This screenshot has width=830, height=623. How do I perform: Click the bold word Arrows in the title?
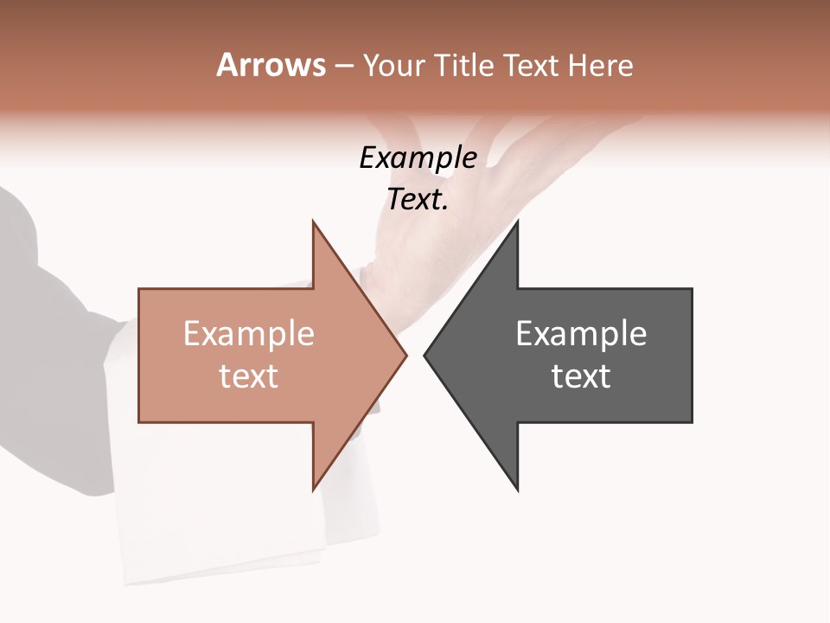[x=271, y=65]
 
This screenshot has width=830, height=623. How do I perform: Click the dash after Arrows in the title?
[x=343, y=66]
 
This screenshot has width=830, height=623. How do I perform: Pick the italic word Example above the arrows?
[x=418, y=157]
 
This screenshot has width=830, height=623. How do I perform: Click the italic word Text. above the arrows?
[x=418, y=199]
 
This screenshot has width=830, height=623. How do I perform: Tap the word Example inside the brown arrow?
[x=249, y=333]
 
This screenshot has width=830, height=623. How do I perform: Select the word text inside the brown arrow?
[x=249, y=376]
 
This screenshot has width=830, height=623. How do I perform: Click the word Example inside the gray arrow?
[x=581, y=333]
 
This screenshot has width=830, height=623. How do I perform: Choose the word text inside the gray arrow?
[x=581, y=376]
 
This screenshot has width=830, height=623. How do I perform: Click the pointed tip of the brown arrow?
[x=405, y=355]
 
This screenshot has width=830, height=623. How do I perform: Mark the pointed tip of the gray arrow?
[x=425, y=355]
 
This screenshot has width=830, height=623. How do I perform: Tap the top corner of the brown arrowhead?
[x=313, y=222]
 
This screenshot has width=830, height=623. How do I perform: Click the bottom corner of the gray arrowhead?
[x=517, y=490]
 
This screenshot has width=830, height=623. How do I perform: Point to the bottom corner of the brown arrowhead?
[x=313, y=490]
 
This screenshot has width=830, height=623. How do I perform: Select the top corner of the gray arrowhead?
[x=517, y=222]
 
